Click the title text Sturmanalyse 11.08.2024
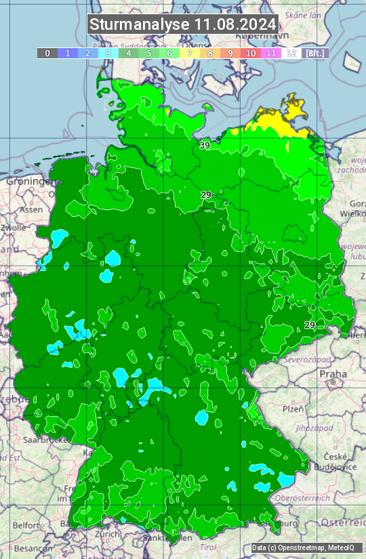(x=183, y=24)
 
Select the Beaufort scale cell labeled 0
(x=47, y=53)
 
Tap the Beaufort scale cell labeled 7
(x=190, y=53)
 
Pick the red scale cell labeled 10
(x=251, y=53)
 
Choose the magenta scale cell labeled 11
(x=271, y=53)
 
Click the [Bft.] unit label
(x=314, y=53)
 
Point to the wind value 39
(x=205, y=146)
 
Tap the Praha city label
(x=333, y=373)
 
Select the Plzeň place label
(x=293, y=409)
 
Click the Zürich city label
(x=108, y=534)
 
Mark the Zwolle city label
(x=13, y=228)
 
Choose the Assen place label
(x=31, y=210)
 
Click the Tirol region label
(x=208, y=547)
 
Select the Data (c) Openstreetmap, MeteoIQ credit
(x=303, y=547)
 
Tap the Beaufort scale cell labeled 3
(x=108, y=53)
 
